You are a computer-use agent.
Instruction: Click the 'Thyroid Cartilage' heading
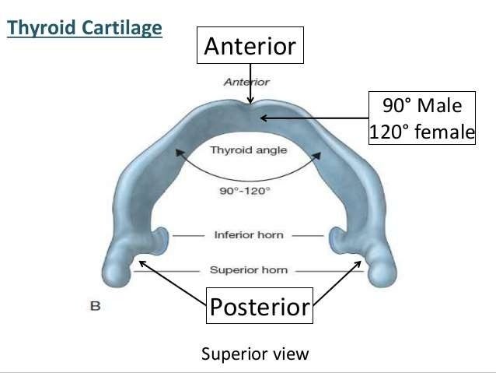pos(85,29)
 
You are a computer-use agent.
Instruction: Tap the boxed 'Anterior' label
pos(250,47)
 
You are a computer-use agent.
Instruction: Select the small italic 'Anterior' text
pos(246,81)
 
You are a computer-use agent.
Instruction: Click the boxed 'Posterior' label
pos(260,307)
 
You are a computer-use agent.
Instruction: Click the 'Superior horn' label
pos(248,270)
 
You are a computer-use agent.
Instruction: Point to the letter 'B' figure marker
pos(95,306)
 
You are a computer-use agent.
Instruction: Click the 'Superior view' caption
pos(255,354)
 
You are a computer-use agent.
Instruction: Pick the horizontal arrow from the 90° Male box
pos(311,118)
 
